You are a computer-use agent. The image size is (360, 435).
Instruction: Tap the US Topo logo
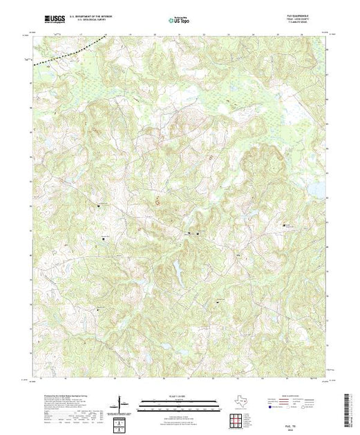(x=179, y=21)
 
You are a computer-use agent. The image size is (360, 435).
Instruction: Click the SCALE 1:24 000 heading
(x=179, y=396)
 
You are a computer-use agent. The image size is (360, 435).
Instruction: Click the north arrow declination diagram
(x=122, y=403)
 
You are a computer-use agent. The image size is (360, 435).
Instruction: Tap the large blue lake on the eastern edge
(x=316, y=188)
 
